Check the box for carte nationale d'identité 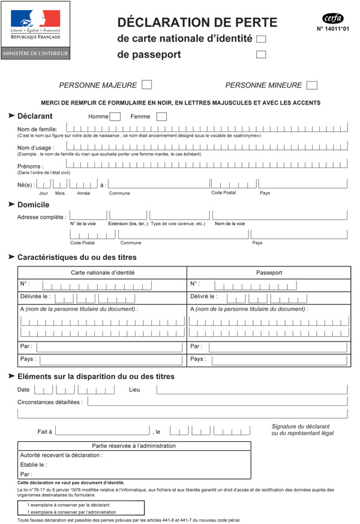[261, 39]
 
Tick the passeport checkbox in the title [261, 55]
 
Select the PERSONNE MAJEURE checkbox [146, 85]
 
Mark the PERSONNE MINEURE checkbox [312, 85]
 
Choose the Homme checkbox [115, 116]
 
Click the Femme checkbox [161, 116]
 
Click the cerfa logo [333, 18]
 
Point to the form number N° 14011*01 [332, 28]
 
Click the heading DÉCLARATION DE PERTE [197, 23]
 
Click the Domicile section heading [34, 205]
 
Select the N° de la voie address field [88, 215]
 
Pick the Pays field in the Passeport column [277, 360]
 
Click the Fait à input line [102, 431]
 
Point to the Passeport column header [269, 273]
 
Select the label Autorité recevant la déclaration [61, 455]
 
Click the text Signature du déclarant [301, 426]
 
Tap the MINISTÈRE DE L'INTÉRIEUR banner [35, 53]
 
